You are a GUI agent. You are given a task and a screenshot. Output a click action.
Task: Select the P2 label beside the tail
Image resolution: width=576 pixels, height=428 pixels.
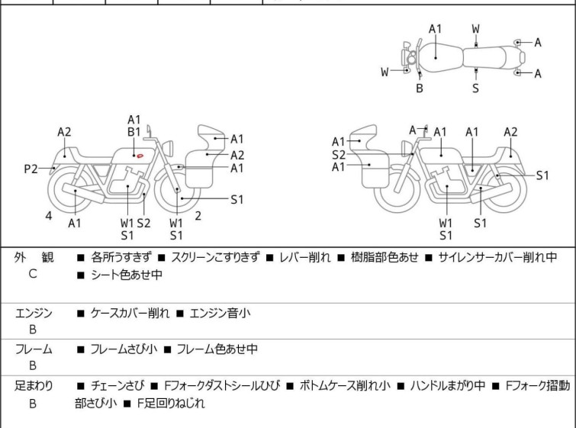(x=31, y=169)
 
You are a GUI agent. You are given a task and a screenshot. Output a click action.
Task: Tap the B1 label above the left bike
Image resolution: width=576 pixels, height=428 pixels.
(x=134, y=131)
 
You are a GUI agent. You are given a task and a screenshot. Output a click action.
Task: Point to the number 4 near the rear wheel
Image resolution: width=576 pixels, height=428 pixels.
(x=48, y=216)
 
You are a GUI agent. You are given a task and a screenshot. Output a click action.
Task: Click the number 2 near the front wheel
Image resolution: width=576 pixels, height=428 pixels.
(x=198, y=216)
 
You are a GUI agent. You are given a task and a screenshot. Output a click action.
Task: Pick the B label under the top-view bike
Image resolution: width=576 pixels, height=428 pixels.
(x=420, y=88)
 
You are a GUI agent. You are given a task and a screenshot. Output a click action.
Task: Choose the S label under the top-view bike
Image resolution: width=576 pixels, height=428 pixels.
(x=475, y=88)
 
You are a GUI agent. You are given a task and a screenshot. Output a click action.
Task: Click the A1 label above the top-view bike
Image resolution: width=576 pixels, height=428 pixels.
(x=435, y=29)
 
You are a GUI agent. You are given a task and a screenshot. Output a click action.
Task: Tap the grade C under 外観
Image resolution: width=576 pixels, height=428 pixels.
(x=33, y=274)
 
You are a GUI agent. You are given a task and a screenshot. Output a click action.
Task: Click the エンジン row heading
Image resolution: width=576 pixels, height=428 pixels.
(x=34, y=313)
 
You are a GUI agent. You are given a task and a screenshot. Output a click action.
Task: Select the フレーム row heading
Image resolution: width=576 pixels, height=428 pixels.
(x=34, y=349)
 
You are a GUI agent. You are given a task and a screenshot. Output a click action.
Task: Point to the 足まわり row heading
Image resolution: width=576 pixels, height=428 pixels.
(x=34, y=386)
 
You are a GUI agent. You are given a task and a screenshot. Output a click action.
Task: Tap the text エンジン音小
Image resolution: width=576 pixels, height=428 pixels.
(x=220, y=313)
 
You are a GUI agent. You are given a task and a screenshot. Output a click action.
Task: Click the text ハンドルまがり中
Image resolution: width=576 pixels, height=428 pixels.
(x=448, y=386)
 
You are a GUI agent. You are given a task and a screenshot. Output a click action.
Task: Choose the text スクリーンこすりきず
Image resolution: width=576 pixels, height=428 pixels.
(x=215, y=258)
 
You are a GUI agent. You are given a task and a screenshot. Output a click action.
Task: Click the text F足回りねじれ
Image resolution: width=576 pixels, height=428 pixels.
(x=171, y=404)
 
